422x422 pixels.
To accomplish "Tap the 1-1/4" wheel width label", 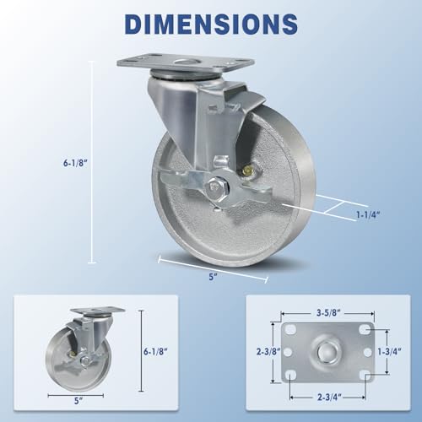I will click(364, 217).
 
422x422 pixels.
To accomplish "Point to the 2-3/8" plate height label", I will click(268, 347).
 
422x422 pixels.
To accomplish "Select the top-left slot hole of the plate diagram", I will click(290, 324).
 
